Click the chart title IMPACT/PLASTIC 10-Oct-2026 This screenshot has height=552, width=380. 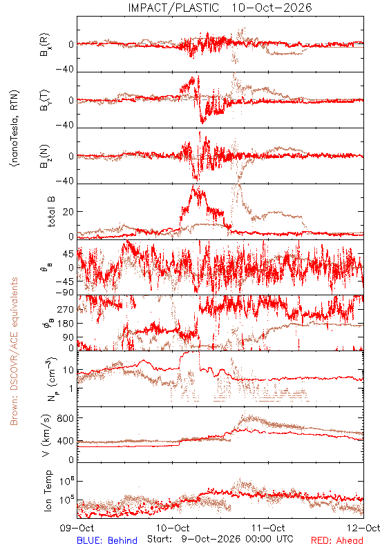tap(220, 8)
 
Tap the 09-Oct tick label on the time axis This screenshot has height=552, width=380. tap(77, 528)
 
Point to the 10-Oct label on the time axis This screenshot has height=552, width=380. tap(173, 528)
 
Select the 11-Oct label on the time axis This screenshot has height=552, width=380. tap(268, 528)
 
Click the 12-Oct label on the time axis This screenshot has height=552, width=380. tap(363, 528)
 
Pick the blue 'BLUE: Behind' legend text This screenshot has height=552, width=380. tap(107, 540)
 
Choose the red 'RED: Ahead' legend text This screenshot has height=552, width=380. tap(337, 540)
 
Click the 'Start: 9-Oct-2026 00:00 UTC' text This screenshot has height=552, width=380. tap(220, 539)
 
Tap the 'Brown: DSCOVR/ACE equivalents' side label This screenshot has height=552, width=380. tap(14, 351)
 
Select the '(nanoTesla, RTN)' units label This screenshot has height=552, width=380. tap(15, 128)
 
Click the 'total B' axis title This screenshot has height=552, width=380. tap(50, 212)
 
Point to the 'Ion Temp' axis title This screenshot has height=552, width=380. tap(48, 491)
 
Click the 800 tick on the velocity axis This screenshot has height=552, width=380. tap(66, 418)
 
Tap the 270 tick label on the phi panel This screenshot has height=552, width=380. tap(66, 309)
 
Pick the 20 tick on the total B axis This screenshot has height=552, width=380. tap(68, 212)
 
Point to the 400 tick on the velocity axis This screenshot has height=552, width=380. tap(66, 441)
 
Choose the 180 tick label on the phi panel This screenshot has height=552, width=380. tap(66, 324)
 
